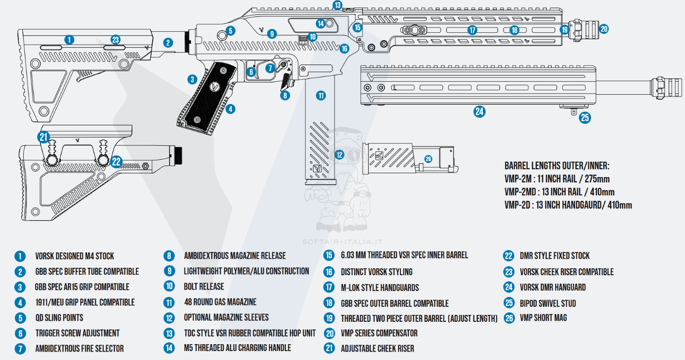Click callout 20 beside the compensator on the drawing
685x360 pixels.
(604, 29)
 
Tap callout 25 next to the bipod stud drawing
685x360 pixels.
(585, 118)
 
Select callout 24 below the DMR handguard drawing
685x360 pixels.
(479, 112)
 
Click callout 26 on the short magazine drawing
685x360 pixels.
(428, 159)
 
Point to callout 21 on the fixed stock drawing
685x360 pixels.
(44, 137)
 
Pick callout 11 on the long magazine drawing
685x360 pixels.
(321, 95)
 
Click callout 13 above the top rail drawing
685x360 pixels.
(338, 5)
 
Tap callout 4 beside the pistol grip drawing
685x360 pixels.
(230, 109)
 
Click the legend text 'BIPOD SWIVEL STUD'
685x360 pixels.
(548, 303)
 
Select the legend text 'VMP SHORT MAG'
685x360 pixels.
(543, 318)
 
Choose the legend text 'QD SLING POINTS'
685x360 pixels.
(59, 317)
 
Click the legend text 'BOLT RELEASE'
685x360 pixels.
(204, 287)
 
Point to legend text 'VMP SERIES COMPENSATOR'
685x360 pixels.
(379, 333)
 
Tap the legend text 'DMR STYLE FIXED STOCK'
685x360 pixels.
(555, 256)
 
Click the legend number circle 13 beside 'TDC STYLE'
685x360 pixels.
(170, 333)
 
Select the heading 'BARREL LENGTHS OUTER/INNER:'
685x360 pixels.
(557, 166)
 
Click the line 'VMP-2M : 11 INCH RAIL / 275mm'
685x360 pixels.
(557, 179)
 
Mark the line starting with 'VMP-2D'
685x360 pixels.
(568, 205)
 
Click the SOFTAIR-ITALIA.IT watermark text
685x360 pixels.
(342, 242)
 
